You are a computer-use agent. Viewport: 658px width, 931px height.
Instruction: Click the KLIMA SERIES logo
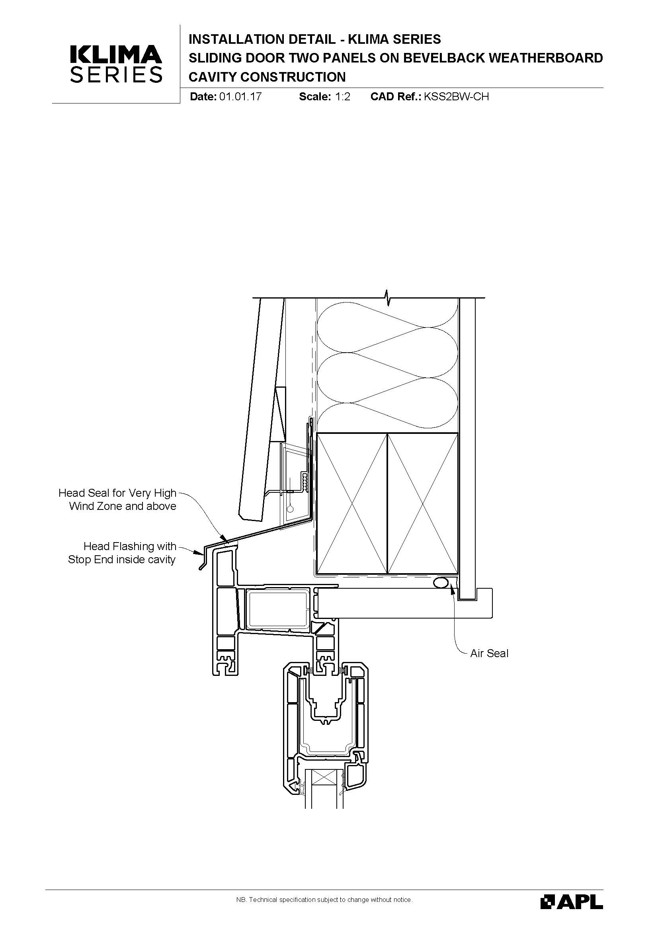[116, 64]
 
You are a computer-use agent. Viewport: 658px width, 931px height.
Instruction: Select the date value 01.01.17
[240, 96]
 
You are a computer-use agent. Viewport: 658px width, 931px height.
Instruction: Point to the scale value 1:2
[342, 96]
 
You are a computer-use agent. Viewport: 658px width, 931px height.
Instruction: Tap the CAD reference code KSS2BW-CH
[456, 96]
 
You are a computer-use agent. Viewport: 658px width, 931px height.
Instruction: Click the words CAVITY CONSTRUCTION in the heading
[267, 77]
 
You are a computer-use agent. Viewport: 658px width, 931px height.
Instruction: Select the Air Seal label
[489, 653]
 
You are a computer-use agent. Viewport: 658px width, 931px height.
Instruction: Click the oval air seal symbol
[441, 584]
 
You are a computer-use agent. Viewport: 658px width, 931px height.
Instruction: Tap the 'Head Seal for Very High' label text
[117, 493]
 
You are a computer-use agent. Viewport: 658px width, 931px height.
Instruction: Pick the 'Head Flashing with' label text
[130, 546]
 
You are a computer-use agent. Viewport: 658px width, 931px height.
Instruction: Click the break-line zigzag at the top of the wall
[388, 298]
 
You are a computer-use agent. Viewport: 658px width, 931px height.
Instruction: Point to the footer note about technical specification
[324, 900]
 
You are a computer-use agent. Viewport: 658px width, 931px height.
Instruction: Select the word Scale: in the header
[315, 96]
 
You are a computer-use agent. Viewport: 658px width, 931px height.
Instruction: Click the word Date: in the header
[203, 96]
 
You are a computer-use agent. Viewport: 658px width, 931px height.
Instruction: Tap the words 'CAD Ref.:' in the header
[396, 96]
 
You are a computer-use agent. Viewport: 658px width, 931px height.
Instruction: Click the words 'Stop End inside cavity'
[122, 560]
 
